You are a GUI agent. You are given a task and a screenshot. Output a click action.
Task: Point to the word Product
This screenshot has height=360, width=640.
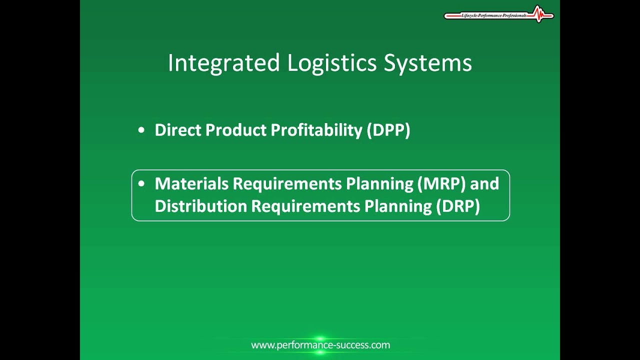(x=236, y=130)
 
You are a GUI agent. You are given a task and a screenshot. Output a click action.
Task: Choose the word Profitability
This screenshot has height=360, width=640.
(x=316, y=130)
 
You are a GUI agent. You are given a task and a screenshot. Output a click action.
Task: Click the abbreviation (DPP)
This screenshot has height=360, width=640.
(x=388, y=130)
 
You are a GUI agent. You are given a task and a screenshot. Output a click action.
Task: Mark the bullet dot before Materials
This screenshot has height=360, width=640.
(x=141, y=184)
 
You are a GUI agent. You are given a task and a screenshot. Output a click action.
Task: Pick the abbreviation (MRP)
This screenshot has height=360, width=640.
(x=441, y=184)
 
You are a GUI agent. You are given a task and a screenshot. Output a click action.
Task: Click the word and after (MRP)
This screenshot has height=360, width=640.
(x=484, y=184)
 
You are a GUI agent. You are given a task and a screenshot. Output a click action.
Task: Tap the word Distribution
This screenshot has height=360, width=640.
(x=200, y=206)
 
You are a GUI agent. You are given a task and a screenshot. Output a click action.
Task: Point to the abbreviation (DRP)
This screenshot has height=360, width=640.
(x=458, y=206)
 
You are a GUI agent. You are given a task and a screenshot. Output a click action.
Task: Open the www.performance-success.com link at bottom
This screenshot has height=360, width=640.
(x=320, y=345)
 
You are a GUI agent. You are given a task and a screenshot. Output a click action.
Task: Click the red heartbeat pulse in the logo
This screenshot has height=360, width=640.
(x=538, y=14)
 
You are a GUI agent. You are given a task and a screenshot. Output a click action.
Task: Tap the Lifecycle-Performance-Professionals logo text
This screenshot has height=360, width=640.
(x=493, y=16)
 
